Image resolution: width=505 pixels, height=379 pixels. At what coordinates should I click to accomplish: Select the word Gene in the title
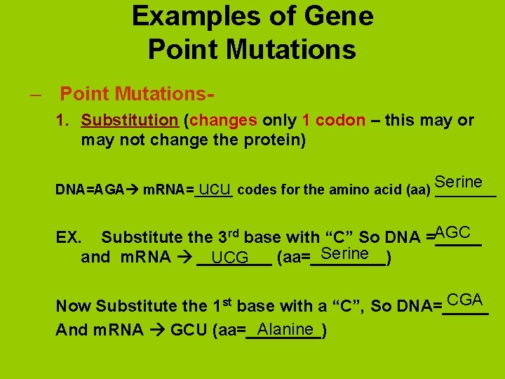[339, 16]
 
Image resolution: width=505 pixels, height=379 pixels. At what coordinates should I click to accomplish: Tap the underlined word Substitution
[129, 120]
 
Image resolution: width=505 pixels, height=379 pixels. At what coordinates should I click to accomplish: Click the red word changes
[223, 120]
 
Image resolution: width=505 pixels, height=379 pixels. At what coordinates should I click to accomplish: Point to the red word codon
[340, 120]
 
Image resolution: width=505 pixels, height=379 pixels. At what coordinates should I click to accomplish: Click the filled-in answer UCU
[215, 189]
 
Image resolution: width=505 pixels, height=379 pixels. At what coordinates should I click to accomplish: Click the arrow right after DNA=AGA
[133, 189]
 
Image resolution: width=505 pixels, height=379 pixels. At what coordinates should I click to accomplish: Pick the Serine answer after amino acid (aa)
[458, 182]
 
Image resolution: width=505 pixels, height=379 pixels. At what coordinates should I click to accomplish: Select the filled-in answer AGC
[452, 232]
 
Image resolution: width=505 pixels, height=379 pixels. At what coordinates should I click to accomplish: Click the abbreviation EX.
[68, 237]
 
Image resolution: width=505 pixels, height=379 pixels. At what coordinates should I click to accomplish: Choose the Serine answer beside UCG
[344, 253]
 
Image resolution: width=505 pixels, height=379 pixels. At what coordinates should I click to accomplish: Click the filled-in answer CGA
[464, 300]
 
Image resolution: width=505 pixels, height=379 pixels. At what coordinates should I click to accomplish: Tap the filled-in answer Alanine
[285, 329]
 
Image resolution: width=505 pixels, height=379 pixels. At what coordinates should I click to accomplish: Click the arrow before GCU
[159, 331]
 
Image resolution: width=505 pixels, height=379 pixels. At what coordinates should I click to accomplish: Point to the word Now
[74, 306]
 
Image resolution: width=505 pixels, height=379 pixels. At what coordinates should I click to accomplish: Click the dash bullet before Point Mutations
[35, 93]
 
